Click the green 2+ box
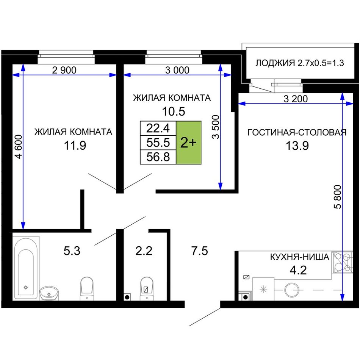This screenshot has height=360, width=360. (189, 142)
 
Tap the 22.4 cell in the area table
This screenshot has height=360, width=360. (158, 128)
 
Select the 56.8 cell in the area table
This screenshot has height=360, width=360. (158, 157)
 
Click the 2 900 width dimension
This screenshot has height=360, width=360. (64, 70)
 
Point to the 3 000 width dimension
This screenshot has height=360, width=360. (177, 70)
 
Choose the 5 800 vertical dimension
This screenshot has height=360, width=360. (338, 197)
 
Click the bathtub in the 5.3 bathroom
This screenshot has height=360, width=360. (26, 268)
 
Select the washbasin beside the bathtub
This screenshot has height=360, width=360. (49, 293)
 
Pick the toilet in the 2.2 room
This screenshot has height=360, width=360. (147, 288)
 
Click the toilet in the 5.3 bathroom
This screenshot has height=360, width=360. (87, 288)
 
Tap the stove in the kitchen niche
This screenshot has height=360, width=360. (342, 262)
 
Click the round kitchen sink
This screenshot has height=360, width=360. (292, 290)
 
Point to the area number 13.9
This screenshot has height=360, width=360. (297, 146)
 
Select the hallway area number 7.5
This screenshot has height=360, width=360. (199, 250)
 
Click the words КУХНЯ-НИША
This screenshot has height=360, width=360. (300, 257)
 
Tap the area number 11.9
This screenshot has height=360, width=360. (75, 146)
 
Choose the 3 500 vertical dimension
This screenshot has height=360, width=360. (216, 127)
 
